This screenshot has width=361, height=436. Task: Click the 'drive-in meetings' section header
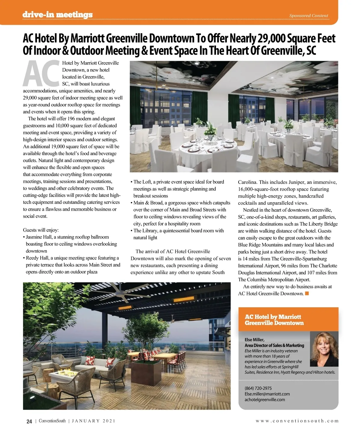(57, 15)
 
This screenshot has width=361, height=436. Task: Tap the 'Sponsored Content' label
(309, 16)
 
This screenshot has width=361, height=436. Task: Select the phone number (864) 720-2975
(258, 388)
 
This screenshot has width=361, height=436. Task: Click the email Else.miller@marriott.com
(267, 394)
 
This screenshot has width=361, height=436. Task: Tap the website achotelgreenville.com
(265, 400)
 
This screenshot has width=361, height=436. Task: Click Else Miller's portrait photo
(324, 349)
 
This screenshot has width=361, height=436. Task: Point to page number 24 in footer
(29, 421)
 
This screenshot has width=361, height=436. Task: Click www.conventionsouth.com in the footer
(297, 421)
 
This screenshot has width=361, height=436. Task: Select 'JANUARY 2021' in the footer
(94, 421)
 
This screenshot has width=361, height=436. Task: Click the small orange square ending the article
(307, 293)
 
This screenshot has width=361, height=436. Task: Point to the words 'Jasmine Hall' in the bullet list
(39, 237)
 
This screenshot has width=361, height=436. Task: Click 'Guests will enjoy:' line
(41, 230)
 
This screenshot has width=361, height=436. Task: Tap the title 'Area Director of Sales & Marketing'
(274, 345)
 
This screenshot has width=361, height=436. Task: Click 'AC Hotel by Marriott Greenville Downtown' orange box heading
(274, 320)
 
